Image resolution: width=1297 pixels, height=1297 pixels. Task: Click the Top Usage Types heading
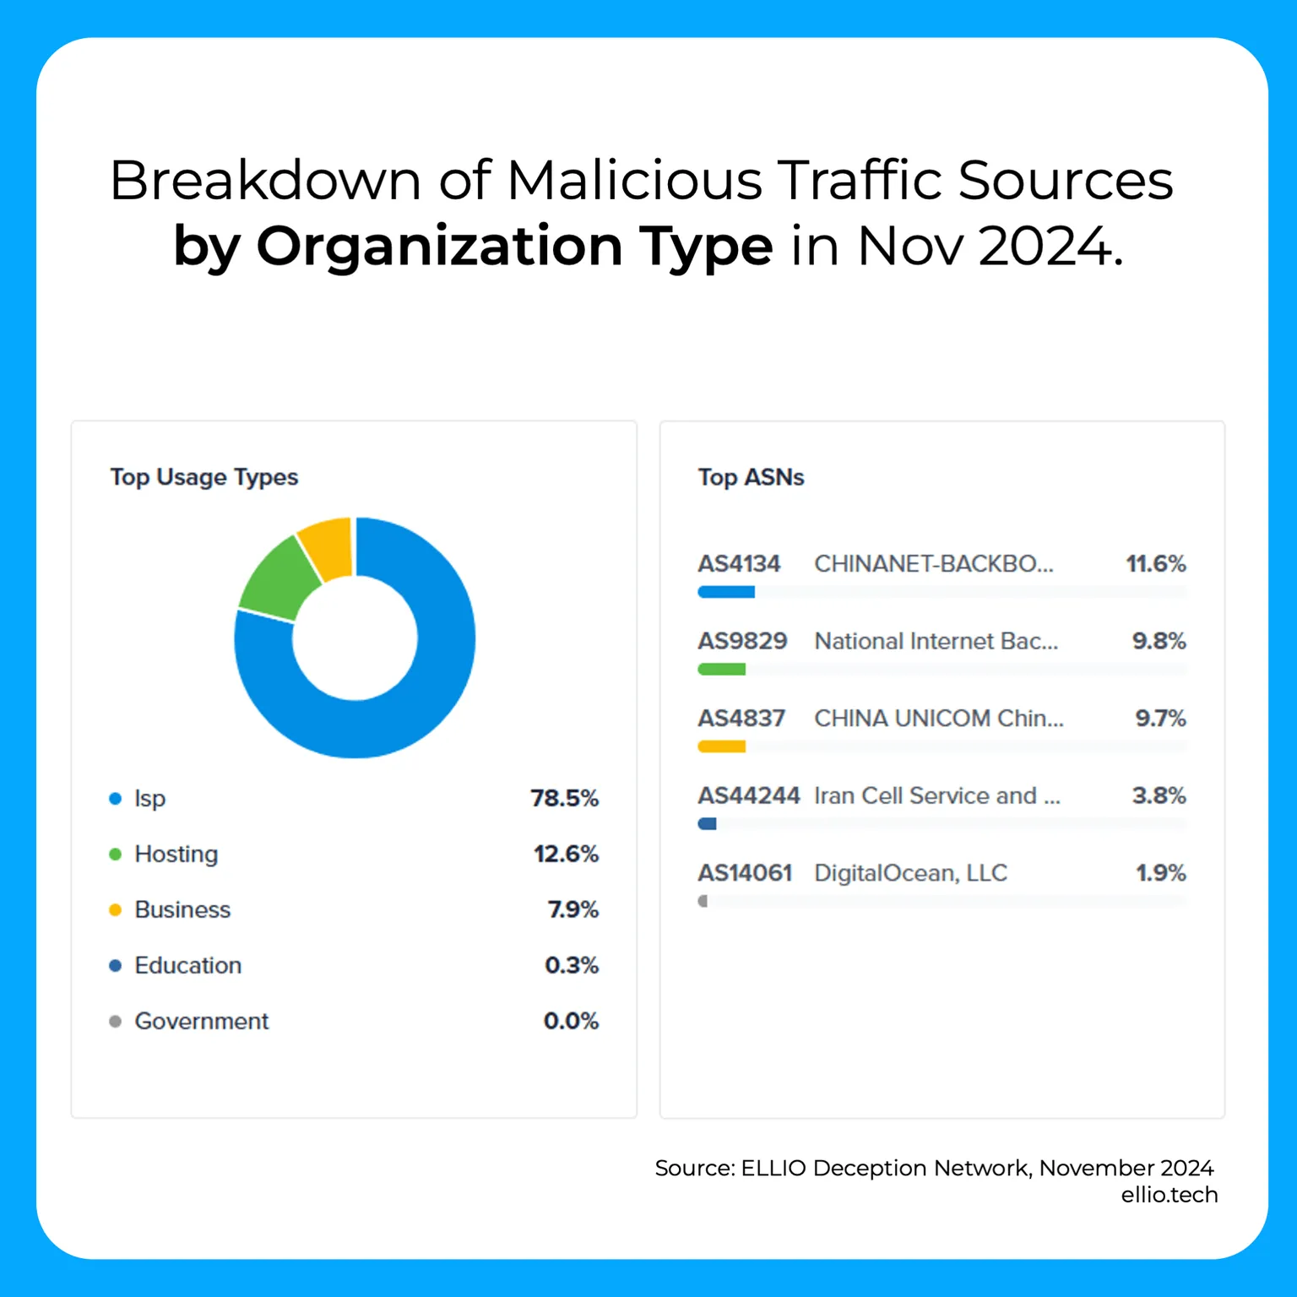pyautogui.click(x=204, y=477)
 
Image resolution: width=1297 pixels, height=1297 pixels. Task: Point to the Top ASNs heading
pyautogui.click(x=751, y=477)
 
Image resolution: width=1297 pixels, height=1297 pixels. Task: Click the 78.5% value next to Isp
pyautogui.click(x=564, y=798)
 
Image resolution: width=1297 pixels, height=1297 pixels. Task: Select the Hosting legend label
pyautogui.click(x=176, y=854)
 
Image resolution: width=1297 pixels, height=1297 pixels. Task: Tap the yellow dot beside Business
pyautogui.click(x=116, y=909)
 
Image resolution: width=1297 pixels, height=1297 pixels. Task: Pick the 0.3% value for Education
pyautogui.click(x=572, y=965)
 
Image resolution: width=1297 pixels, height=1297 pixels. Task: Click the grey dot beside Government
pyautogui.click(x=116, y=1021)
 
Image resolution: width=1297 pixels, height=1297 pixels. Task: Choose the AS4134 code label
pyautogui.click(x=739, y=563)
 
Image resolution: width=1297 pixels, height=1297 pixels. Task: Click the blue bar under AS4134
pyautogui.click(x=726, y=592)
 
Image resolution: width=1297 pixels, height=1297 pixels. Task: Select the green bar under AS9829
pyautogui.click(x=721, y=670)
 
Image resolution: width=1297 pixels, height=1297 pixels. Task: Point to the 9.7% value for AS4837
pyautogui.click(x=1160, y=719)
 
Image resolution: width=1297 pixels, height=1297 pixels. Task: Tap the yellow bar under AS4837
pyautogui.click(x=721, y=746)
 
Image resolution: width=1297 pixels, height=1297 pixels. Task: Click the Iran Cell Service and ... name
pyautogui.click(x=936, y=795)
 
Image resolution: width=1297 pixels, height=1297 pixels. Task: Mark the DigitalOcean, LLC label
pyautogui.click(x=910, y=873)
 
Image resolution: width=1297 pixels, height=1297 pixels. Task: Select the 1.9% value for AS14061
pyautogui.click(x=1160, y=873)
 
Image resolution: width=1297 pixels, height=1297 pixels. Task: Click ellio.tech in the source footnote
pyautogui.click(x=1169, y=1195)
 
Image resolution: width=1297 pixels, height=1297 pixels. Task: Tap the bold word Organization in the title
pyautogui.click(x=439, y=247)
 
